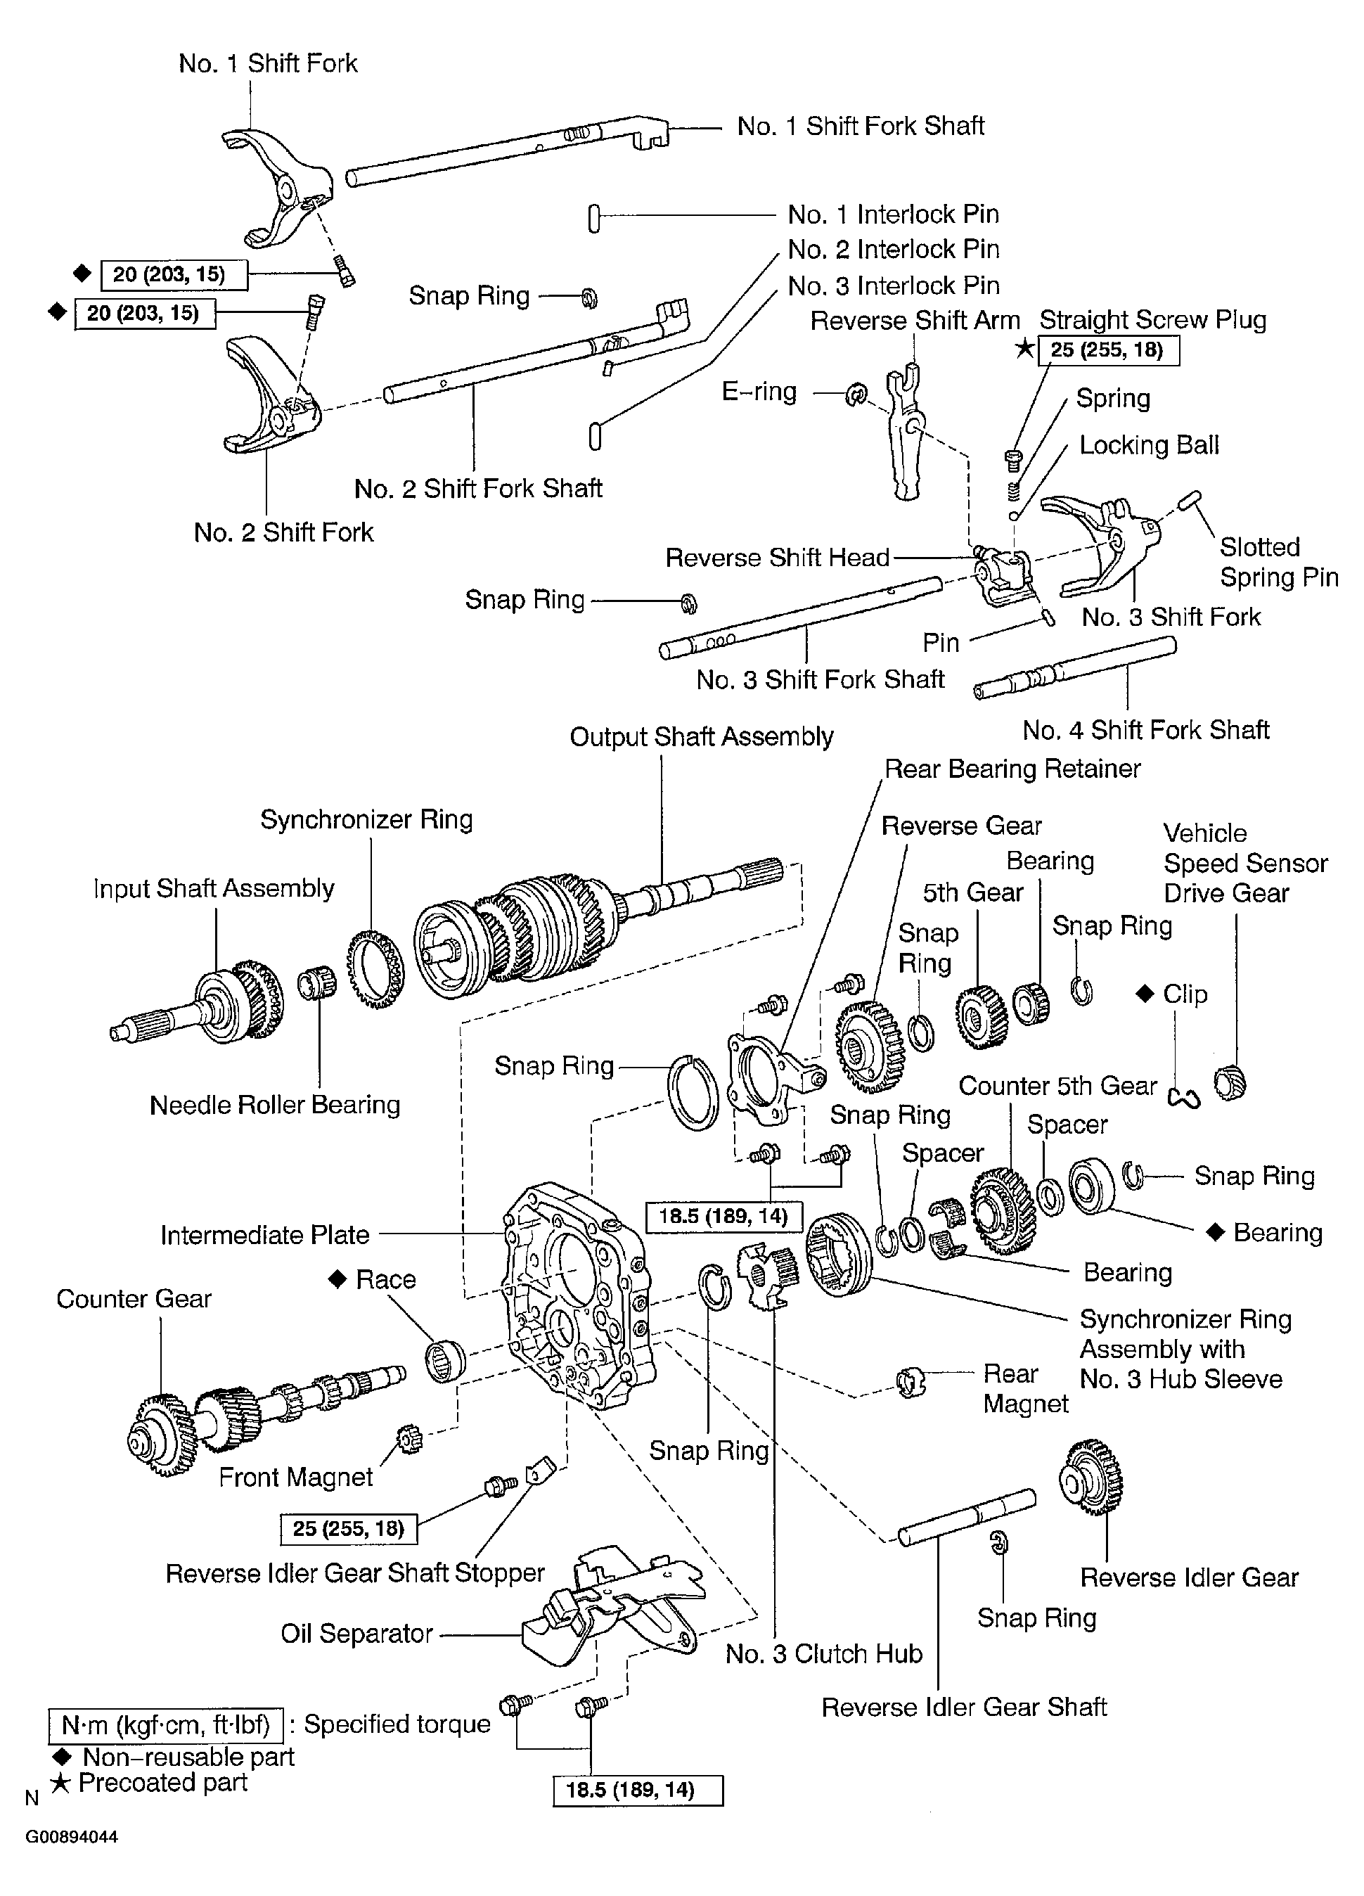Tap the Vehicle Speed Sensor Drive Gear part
click(1230, 1084)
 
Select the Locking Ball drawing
click(1013, 515)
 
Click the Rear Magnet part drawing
click(911, 1382)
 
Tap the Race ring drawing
click(444, 1360)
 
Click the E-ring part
click(856, 394)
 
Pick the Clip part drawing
click(1184, 1098)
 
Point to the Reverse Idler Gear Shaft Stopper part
click(539, 1470)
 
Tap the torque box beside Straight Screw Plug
click(1107, 350)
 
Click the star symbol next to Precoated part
click(60, 1783)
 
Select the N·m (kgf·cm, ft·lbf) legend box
click(165, 1724)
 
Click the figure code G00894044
click(72, 1838)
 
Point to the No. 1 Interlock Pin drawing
click(594, 218)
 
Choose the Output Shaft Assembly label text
click(701, 736)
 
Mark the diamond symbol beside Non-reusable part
click(61, 1756)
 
